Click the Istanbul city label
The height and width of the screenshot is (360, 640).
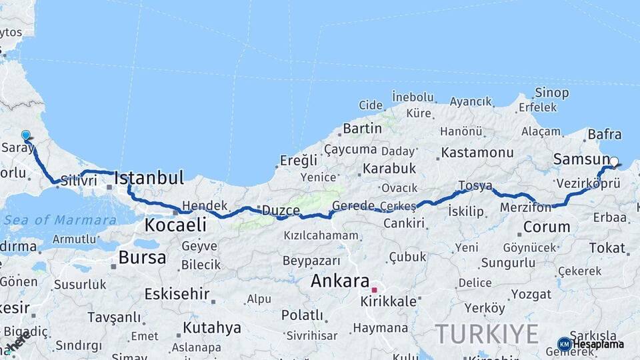[149, 178]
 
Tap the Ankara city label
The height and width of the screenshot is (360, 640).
[340, 281]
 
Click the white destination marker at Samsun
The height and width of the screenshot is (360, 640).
[614, 161]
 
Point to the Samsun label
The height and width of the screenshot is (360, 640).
[581, 160]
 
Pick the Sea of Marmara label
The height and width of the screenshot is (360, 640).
[59, 220]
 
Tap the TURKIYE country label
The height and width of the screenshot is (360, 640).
[487, 333]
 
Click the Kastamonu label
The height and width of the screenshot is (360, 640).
[477, 153]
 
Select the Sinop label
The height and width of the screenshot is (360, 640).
[552, 93]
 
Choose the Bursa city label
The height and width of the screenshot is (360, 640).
[142, 257]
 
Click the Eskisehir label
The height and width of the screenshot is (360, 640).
[177, 293]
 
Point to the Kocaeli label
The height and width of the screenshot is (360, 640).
[175, 225]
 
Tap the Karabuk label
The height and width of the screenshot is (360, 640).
[389, 169]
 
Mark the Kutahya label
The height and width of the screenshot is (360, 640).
[212, 327]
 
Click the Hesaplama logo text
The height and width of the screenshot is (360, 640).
[598, 344]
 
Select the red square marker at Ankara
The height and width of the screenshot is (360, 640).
[375, 290]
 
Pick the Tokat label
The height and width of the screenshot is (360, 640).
[607, 248]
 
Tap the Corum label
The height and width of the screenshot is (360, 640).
[547, 227]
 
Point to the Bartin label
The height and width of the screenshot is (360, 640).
[362, 128]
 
